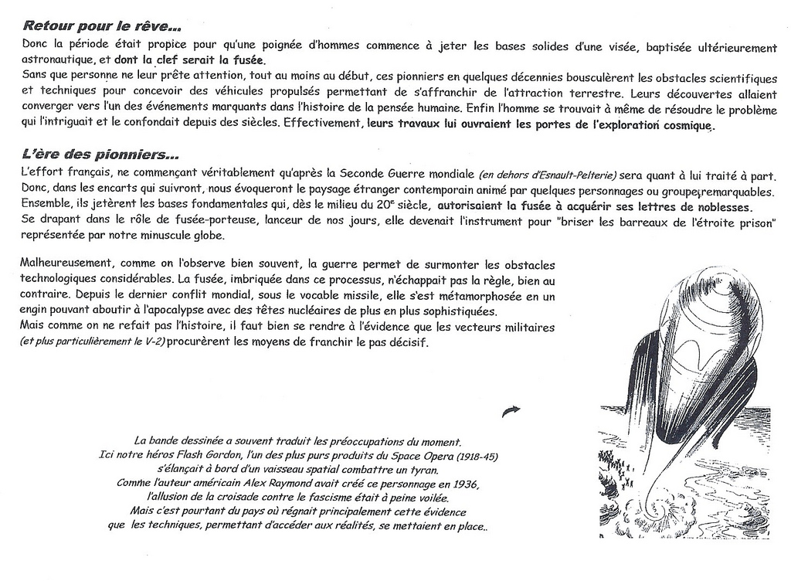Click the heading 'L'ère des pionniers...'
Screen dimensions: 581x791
100,154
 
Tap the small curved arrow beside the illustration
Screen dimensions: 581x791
511,411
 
